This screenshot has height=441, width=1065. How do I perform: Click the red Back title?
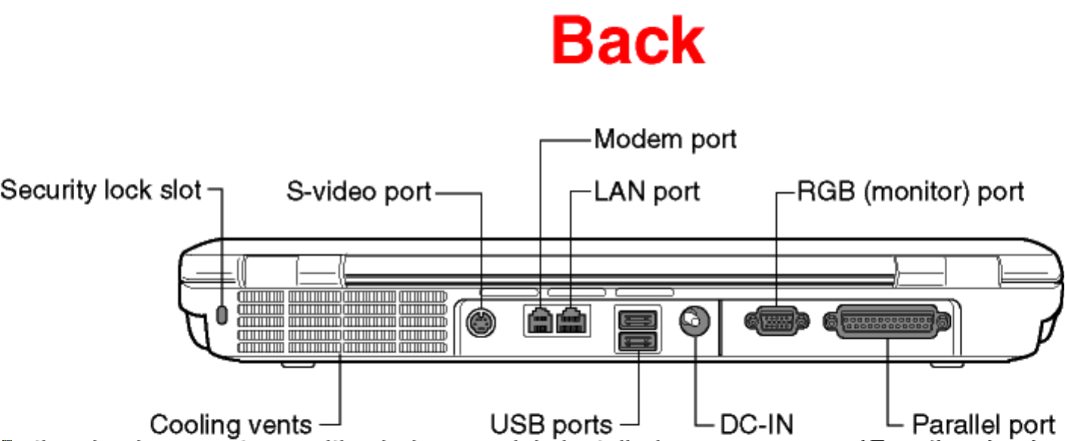tap(628, 42)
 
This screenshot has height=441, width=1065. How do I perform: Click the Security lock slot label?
tap(101, 190)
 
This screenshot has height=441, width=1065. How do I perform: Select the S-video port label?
tap(358, 191)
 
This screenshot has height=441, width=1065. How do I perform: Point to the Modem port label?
tap(665, 139)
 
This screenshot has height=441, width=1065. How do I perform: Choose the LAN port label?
tap(647, 191)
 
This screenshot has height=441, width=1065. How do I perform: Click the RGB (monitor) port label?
tap(911, 191)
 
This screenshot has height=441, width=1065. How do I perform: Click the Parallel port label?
tap(983, 424)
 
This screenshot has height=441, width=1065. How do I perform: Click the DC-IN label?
tap(757, 424)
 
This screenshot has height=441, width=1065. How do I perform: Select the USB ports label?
tap(551, 424)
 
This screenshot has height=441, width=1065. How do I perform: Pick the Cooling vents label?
tap(231, 424)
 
